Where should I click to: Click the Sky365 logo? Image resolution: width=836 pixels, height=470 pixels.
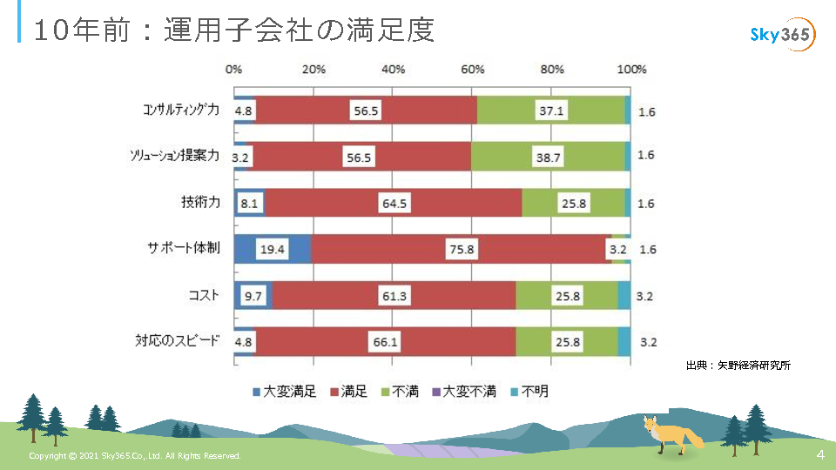coord(782,35)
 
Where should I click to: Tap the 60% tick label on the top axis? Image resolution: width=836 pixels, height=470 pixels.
coord(473,70)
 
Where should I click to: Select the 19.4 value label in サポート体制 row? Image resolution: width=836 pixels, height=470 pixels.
coord(272,249)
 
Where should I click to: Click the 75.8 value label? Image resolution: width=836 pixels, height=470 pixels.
coord(462,249)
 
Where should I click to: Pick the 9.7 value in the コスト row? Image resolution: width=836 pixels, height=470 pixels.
coord(253,296)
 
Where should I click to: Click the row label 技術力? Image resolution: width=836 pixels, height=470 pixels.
coord(200,203)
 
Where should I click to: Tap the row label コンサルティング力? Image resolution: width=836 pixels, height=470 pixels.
coord(181,111)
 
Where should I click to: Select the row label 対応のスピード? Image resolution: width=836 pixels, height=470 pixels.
coord(178,341)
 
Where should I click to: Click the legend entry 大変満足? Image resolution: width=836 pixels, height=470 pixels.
coord(284,392)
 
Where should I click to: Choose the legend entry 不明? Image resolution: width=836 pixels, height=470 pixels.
coord(529,392)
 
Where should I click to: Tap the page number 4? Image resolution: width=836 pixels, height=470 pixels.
coord(819,455)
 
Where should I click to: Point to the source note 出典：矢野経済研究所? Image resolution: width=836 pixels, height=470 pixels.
coord(738,366)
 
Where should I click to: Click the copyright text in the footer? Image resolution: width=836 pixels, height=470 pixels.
coord(135,456)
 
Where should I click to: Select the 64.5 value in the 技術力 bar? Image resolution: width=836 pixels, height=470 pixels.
coord(394,204)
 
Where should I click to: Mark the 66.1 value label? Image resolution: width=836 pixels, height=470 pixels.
coord(385,342)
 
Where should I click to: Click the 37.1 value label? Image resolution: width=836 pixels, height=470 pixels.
coord(551,111)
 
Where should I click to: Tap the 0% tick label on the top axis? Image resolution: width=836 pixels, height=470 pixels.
coord(233,70)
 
